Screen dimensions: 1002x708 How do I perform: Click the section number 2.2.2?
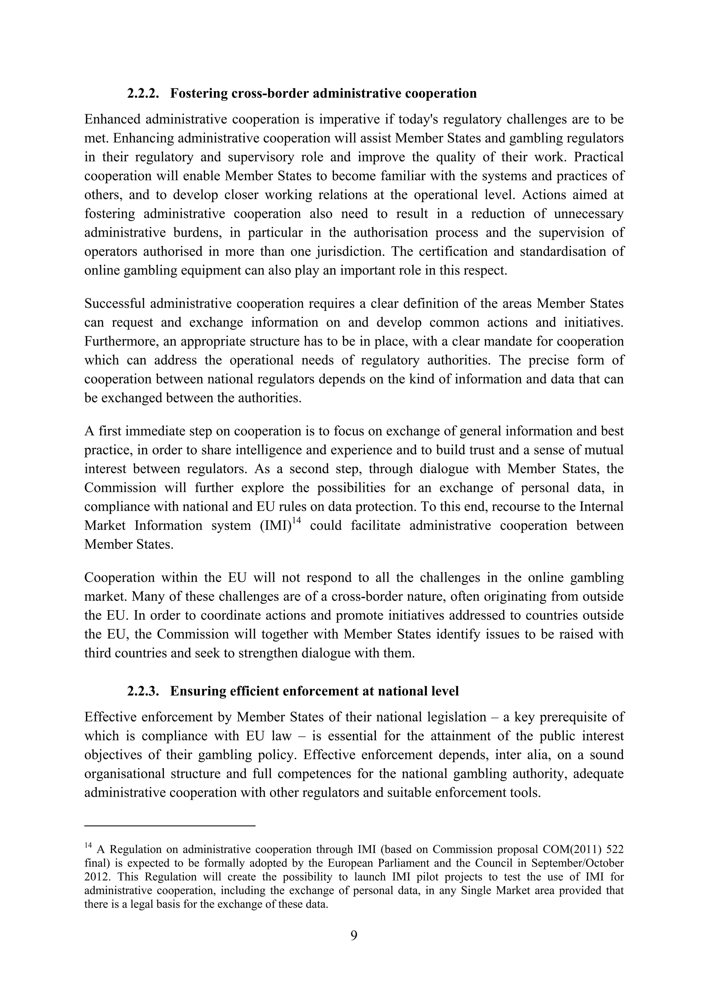(x=143, y=93)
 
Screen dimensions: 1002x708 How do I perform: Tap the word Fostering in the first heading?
(x=195, y=93)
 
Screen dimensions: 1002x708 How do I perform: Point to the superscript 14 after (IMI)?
(x=297, y=520)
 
